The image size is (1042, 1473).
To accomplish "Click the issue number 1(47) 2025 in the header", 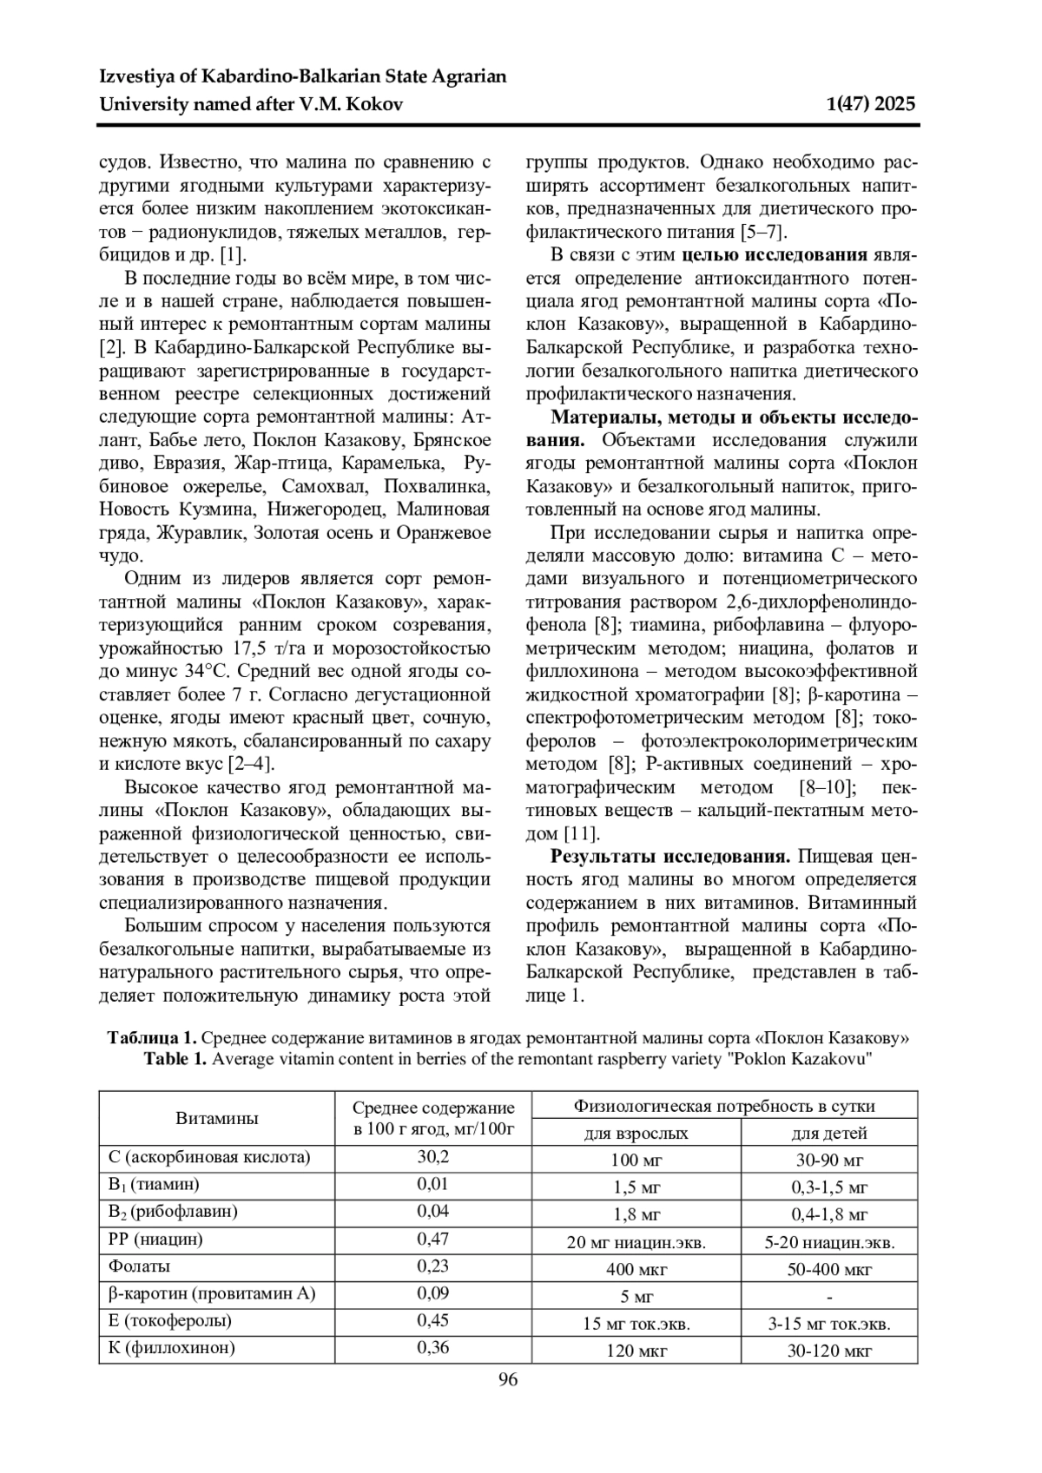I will point(872,105).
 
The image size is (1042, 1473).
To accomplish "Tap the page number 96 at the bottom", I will point(508,1380).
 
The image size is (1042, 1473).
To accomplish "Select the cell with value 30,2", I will point(432,1157).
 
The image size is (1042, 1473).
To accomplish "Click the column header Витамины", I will point(217,1118).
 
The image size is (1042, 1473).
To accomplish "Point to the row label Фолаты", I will point(140,1266).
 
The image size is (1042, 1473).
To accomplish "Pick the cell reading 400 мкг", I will point(636,1270).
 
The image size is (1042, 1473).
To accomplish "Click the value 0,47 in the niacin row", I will point(432,1240).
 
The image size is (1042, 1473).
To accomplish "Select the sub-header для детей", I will point(829,1133).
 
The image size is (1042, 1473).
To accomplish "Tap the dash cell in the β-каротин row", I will point(829,1298).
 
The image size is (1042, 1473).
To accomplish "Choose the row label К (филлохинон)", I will point(172,1348).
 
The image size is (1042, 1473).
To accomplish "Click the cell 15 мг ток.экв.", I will point(636,1325).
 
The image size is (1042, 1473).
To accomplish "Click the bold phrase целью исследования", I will point(775,255).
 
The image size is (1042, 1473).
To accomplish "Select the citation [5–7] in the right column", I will point(762,232).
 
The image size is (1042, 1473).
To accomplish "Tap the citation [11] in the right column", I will point(582,834).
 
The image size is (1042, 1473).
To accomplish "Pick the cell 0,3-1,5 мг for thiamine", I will point(829,1187).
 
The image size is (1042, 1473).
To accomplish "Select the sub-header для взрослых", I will point(636,1133).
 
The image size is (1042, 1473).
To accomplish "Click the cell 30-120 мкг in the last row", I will point(829,1351).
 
